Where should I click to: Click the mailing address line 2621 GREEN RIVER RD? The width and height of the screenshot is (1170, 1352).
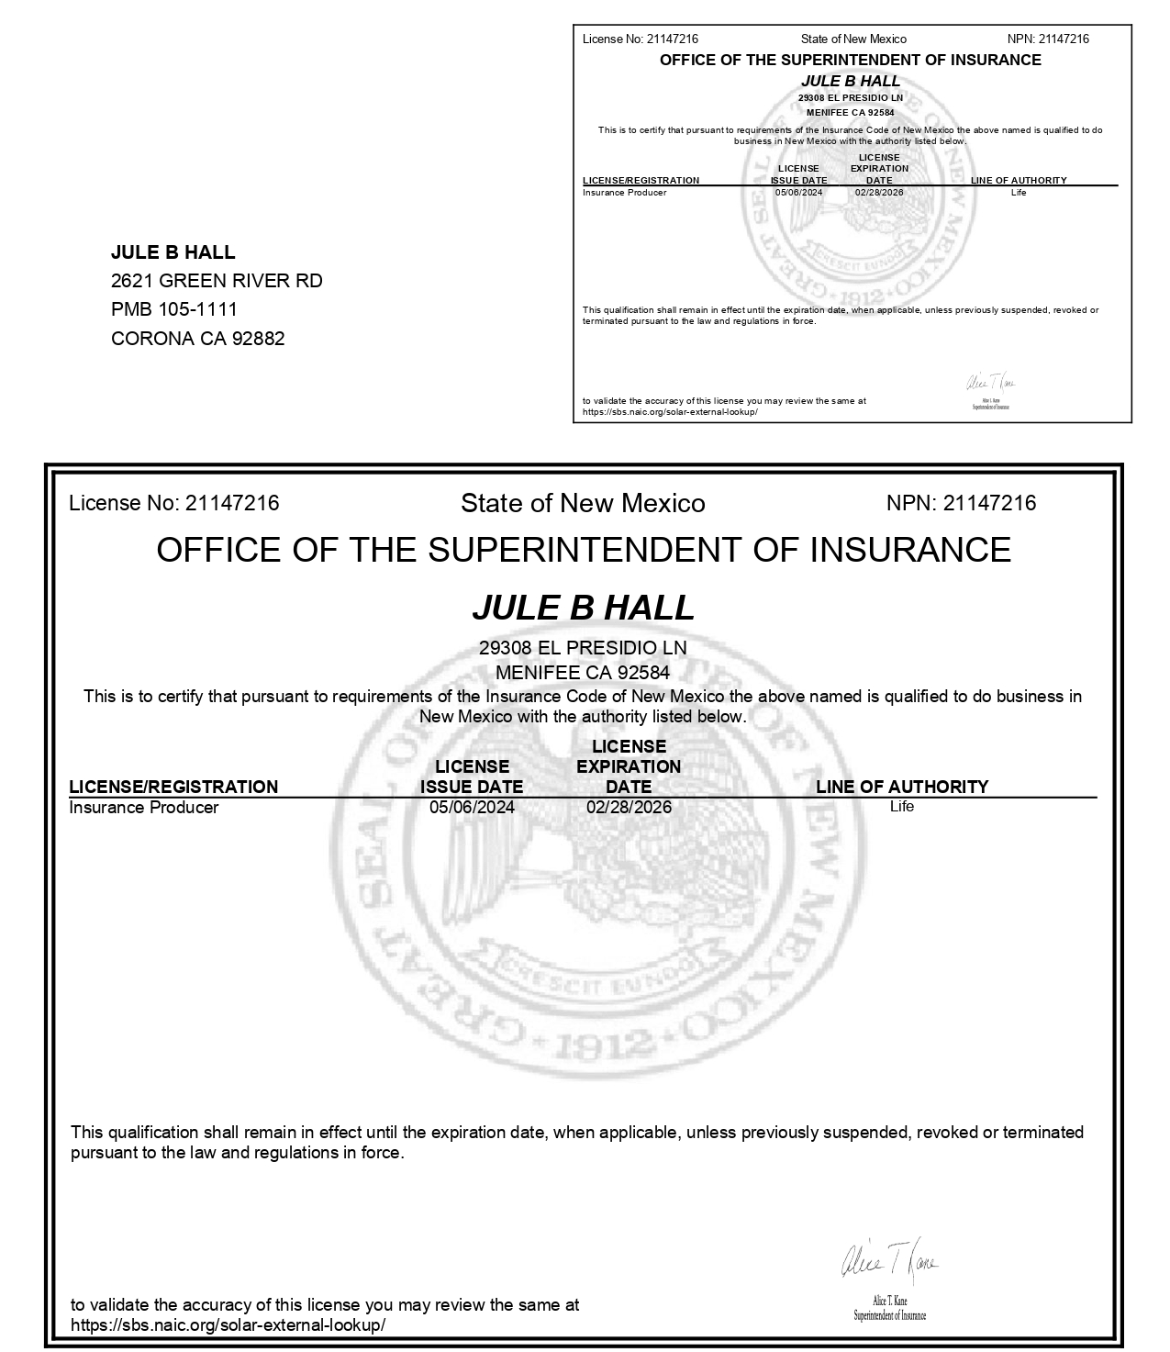[x=217, y=281]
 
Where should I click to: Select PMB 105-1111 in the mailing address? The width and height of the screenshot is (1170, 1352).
[x=174, y=309]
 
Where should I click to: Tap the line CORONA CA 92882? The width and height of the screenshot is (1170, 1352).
[x=197, y=339]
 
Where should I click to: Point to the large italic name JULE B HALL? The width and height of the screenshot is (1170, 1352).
[x=584, y=608]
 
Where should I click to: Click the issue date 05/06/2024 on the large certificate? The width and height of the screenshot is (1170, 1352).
[x=472, y=808]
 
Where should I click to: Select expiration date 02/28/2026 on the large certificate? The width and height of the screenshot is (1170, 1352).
[x=629, y=808]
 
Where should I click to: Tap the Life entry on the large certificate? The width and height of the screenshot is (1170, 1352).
[x=901, y=807]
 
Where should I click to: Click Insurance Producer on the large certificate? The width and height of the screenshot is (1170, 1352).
[x=144, y=808]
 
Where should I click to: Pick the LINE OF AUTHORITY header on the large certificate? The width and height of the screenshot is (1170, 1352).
[x=902, y=787]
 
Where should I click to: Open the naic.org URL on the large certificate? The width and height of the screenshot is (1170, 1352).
[x=228, y=1325]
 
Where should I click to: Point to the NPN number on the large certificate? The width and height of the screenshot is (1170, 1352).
[x=961, y=503]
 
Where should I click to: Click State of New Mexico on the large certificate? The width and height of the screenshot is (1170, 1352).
[x=583, y=503]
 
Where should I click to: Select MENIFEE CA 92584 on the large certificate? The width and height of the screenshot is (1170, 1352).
[x=583, y=672]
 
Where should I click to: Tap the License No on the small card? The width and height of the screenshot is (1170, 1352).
[x=640, y=39]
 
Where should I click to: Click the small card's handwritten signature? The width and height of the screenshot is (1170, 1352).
[x=990, y=383]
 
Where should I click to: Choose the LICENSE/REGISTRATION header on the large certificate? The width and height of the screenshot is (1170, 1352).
[x=173, y=787]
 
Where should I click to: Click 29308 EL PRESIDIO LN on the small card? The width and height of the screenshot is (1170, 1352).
[x=851, y=98]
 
